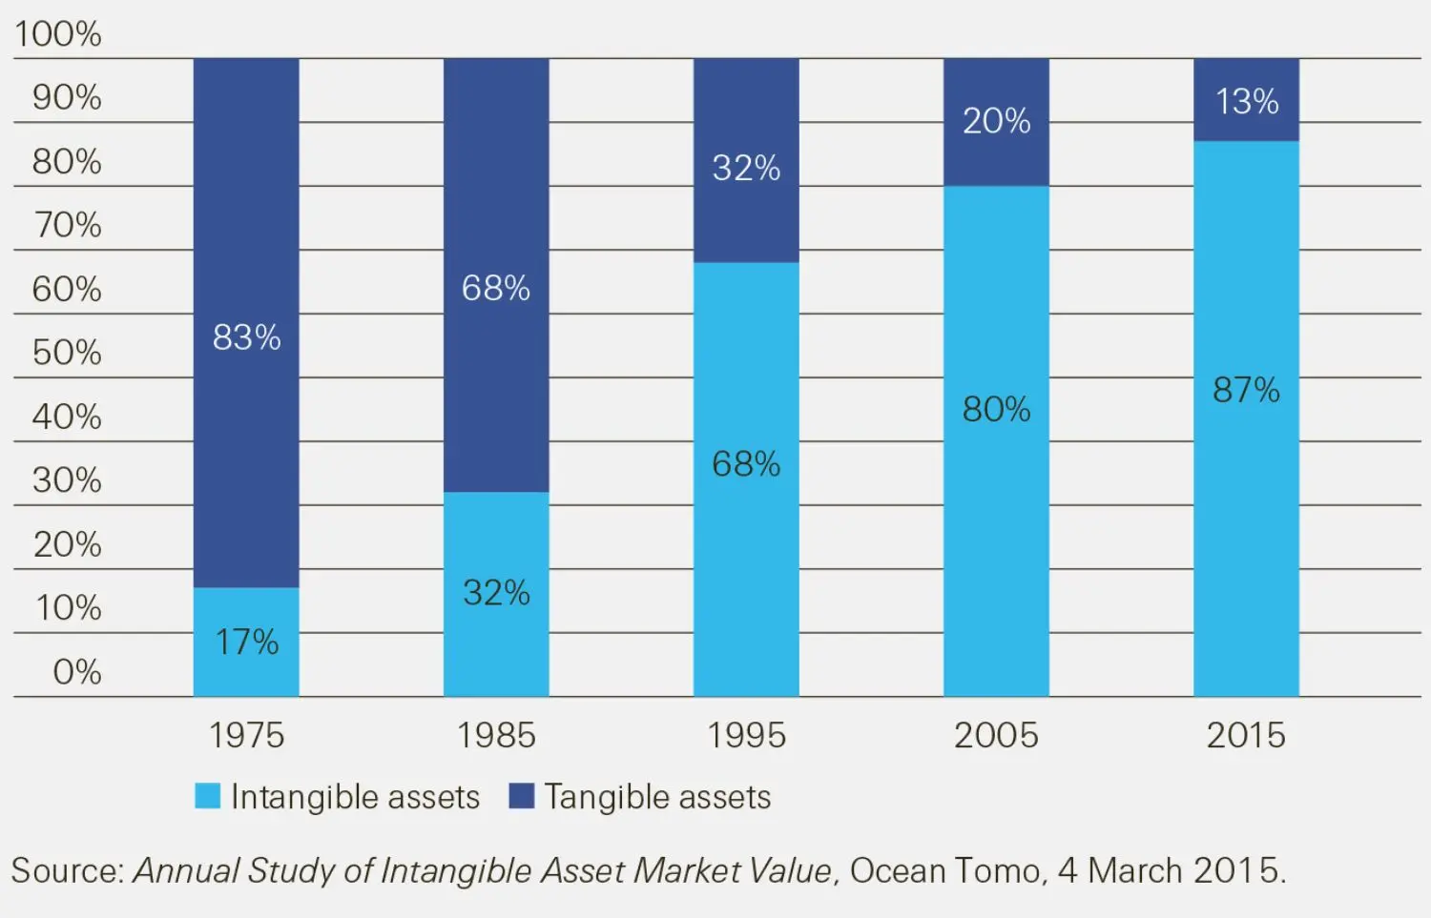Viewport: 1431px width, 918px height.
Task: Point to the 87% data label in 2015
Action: pos(1246,390)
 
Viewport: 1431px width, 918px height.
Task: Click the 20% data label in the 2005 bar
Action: pos(996,121)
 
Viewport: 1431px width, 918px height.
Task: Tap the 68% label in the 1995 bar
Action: pos(746,464)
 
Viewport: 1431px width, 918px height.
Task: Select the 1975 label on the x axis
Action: pos(246,736)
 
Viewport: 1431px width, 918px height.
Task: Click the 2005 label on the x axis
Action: pos(996,736)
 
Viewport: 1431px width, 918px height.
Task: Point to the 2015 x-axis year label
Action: pos(1246,736)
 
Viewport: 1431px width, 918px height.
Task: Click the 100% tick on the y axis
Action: pos(58,34)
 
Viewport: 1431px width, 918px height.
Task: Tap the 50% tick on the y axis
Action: pos(67,353)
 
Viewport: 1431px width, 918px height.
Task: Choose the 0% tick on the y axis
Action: pos(77,672)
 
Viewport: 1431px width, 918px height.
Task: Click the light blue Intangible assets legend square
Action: pos(207,796)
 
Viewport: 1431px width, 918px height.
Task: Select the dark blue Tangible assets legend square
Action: pos(521,796)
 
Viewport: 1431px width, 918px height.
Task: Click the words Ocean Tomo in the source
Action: pos(944,870)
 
